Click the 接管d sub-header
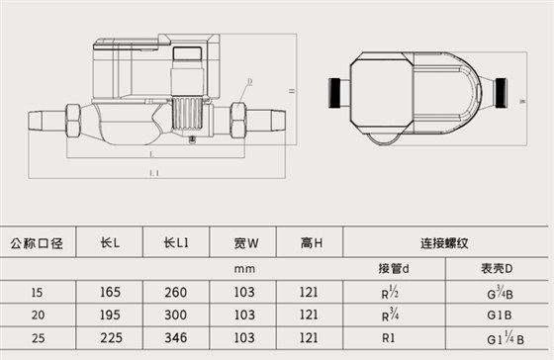[394, 267]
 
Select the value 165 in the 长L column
[110, 293]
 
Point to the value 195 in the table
[110, 315]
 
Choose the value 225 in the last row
[110, 338]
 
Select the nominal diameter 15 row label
[36, 293]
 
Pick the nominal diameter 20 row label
[36, 315]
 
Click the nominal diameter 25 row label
[36, 338]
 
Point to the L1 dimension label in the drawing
[153, 172]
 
